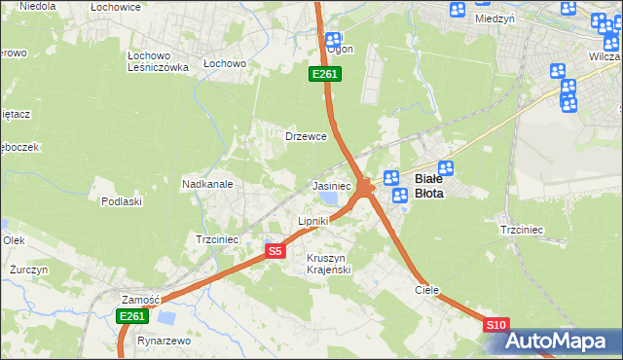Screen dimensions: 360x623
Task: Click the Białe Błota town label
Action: pyautogui.click(x=429, y=186)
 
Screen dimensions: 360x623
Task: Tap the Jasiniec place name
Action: pyautogui.click(x=331, y=185)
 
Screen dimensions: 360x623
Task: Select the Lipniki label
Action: pyautogui.click(x=312, y=221)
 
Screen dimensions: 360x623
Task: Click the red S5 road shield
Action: pyautogui.click(x=275, y=251)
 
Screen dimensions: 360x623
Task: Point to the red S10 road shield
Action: pyautogui.click(x=495, y=325)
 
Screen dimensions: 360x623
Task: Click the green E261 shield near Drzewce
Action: pyautogui.click(x=324, y=74)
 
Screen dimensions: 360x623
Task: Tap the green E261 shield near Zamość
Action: pyautogui.click(x=131, y=316)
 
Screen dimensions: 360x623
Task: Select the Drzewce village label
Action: pyautogui.click(x=305, y=136)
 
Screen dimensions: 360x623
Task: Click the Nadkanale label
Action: pyautogui.click(x=206, y=183)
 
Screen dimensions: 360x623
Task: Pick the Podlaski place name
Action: pyautogui.click(x=122, y=201)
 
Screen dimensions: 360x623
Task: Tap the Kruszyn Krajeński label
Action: pyautogui.click(x=327, y=263)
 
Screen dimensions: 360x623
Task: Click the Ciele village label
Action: pyautogui.click(x=426, y=290)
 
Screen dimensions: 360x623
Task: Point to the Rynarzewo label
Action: pyautogui.click(x=165, y=341)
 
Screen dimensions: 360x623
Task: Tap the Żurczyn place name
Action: pyautogui.click(x=27, y=269)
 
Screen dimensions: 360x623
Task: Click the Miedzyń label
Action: pyautogui.click(x=495, y=18)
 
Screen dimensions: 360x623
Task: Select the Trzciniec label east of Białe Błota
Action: pyautogui.click(x=521, y=230)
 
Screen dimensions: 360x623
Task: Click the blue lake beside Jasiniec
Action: pyautogui.click(x=330, y=198)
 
